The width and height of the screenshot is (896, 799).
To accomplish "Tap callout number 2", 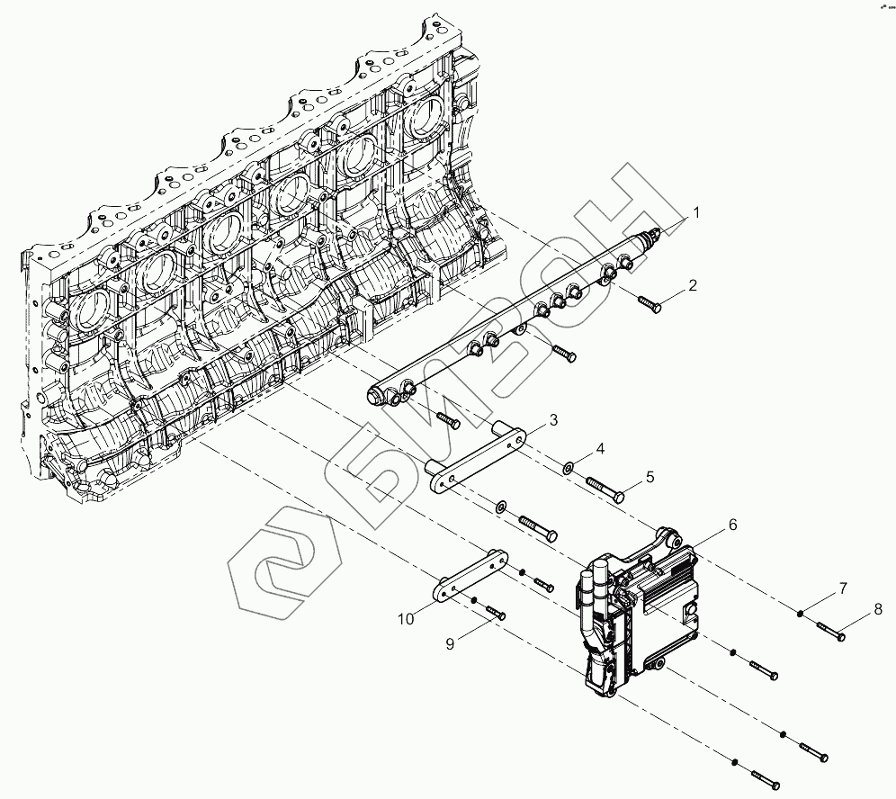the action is click(693, 286).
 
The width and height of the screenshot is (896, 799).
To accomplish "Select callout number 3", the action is click(553, 419).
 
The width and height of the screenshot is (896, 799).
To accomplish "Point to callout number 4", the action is click(600, 448).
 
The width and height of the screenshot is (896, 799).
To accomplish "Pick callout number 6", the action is click(732, 524).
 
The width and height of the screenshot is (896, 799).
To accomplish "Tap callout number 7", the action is click(842, 588).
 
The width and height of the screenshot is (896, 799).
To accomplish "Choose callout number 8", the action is click(876, 610).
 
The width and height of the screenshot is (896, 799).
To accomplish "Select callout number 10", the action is click(406, 618).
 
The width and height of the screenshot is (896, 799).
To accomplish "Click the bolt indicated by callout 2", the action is click(650, 302).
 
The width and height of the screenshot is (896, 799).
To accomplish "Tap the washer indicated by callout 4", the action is click(569, 468).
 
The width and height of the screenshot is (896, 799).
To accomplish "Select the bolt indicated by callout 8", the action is click(831, 630).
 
